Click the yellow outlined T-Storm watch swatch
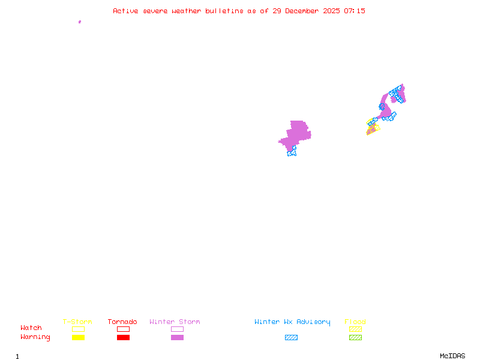tap(78, 329)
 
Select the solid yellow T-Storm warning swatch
tap(78, 338)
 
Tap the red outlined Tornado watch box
tap(123, 329)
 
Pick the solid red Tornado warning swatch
tap(123, 338)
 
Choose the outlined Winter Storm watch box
tap(177, 329)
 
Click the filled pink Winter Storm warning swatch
tap(177, 338)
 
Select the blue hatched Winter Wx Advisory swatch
tap(291, 338)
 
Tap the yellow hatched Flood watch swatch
tap(355, 329)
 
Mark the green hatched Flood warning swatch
tap(355, 338)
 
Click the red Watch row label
tap(31, 328)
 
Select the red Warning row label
tap(35, 337)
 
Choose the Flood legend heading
tap(355, 322)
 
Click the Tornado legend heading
tap(122, 322)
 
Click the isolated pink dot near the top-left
tap(80, 22)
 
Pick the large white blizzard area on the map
tap(281, 149)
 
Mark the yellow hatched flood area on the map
tap(373, 128)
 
